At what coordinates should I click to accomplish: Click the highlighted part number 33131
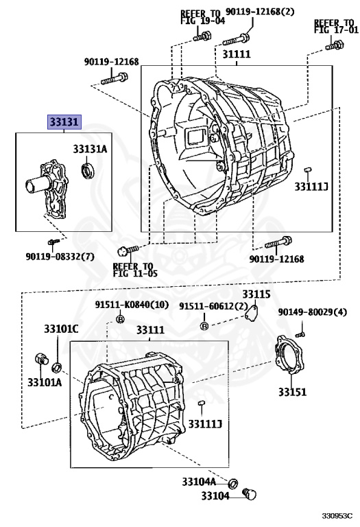[64, 122]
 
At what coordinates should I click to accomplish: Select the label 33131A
[90, 149]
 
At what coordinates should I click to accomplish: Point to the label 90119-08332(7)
[60, 257]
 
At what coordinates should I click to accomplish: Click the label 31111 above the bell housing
[237, 54]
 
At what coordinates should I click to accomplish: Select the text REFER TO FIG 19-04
[202, 16]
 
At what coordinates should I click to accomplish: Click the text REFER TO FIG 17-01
[334, 26]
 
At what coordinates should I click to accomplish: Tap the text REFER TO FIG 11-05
[135, 270]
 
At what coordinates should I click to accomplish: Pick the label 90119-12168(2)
[260, 12]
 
